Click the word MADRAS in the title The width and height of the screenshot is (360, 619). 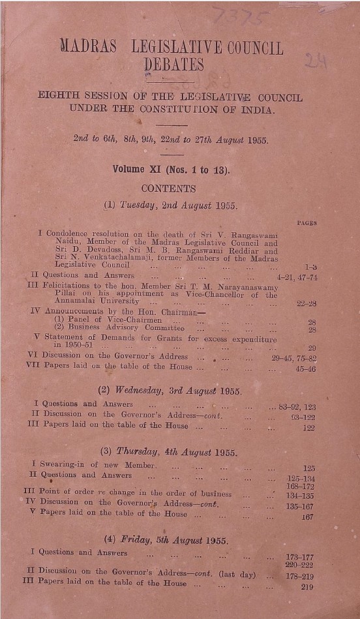[88, 48]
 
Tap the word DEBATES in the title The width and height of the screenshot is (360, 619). [173, 65]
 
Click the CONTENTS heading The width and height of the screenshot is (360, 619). [168, 189]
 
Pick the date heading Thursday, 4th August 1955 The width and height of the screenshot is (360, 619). [168, 452]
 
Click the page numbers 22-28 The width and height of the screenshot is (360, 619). [306, 303]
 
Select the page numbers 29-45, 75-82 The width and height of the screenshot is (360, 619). [294, 357]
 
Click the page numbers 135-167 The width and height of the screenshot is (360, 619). [300, 505]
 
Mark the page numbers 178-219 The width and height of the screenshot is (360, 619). [299, 576]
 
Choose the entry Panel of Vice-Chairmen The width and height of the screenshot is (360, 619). [108, 320]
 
